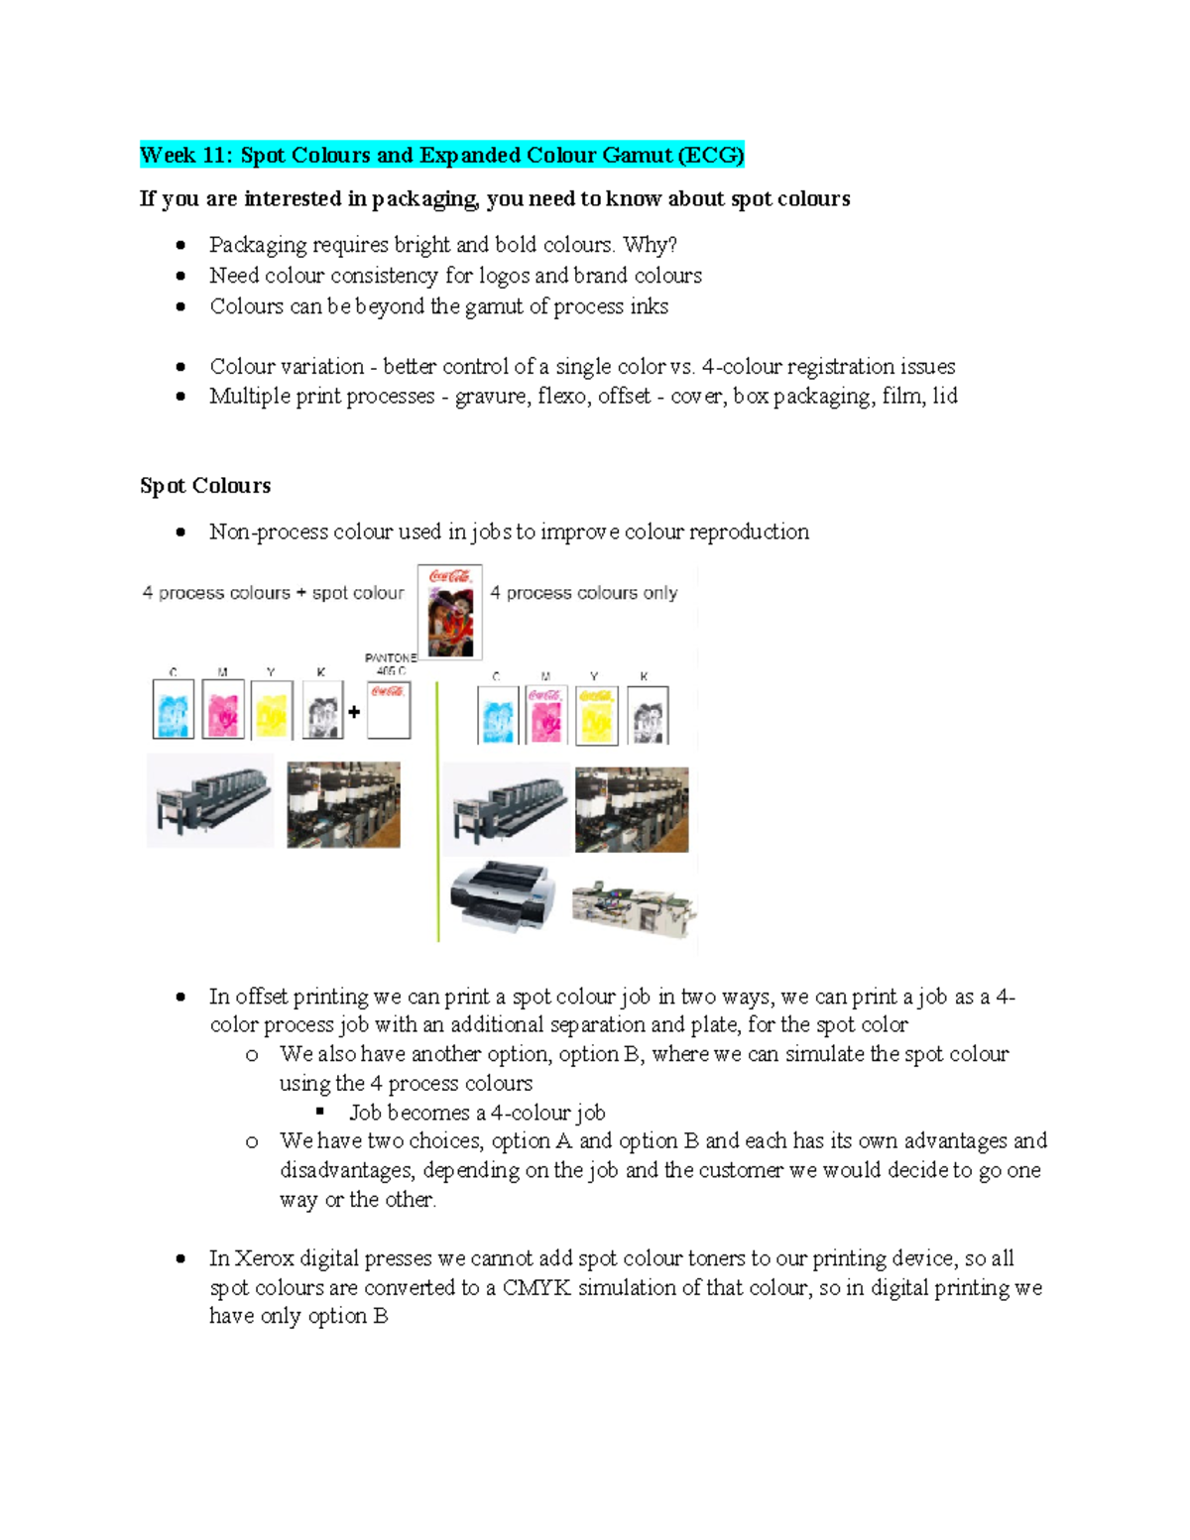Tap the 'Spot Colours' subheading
pyautogui.click(x=205, y=486)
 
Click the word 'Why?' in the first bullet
pyautogui.click(x=650, y=245)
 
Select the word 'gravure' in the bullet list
pyautogui.click(x=491, y=397)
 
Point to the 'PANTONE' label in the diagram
pyautogui.click(x=390, y=657)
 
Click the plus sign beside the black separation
pyautogui.click(x=354, y=711)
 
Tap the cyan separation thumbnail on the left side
pyautogui.click(x=173, y=709)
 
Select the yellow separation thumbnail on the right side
pyautogui.click(x=596, y=715)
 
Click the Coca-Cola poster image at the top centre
pyautogui.click(x=450, y=612)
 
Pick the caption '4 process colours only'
pyautogui.click(x=583, y=593)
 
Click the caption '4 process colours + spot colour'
pyautogui.click(x=273, y=593)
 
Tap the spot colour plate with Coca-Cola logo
pyautogui.click(x=389, y=709)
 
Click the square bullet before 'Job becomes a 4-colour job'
pyautogui.click(x=320, y=1112)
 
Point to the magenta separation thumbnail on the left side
pyautogui.click(x=223, y=709)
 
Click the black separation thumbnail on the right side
pyautogui.click(x=648, y=715)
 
